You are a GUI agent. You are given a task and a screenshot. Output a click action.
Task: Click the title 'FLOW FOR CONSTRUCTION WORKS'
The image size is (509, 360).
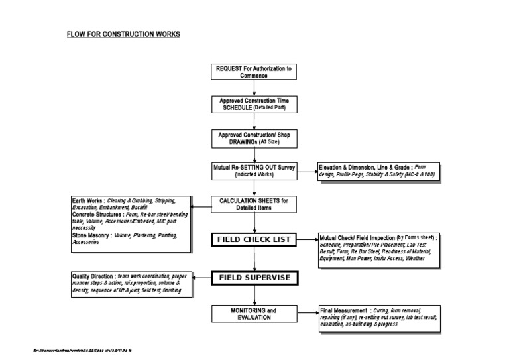[x=123, y=34]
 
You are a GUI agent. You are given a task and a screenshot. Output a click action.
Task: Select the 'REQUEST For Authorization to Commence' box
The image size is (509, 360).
[x=254, y=72]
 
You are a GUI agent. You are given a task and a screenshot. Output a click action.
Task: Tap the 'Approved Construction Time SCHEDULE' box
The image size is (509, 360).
[x=254, y=104]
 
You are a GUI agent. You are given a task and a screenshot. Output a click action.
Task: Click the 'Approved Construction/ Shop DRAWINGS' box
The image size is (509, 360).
[x=254, y=138]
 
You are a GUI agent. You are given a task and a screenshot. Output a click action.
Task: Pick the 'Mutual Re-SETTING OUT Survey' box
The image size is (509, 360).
[x=254, y=170]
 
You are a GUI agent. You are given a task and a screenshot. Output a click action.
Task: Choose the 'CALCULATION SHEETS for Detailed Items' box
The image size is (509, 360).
[x=254, y=204]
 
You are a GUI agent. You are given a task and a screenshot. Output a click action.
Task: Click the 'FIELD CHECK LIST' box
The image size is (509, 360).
[x=254, y=239]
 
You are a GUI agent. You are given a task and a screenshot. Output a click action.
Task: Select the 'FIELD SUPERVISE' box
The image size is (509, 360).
[x=254, y=278]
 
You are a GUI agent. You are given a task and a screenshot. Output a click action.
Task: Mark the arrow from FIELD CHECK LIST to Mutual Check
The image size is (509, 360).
[x=307, y=239]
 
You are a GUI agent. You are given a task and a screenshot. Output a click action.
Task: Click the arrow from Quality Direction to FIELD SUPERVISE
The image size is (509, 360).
[x=201, y=278]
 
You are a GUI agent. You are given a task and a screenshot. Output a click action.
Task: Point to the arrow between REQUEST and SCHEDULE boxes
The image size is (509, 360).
[x=254, y=88]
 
